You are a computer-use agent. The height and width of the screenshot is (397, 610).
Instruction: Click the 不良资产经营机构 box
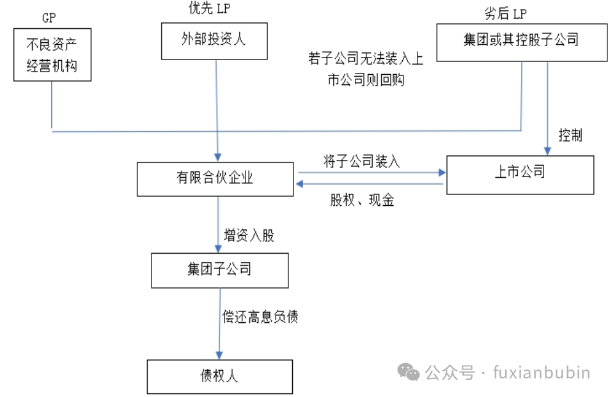[x=52, y=54]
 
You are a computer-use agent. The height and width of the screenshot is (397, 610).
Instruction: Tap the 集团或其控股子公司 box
[x=521, y=42]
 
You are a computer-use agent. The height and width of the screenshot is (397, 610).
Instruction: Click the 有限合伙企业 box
[x=215, y=178]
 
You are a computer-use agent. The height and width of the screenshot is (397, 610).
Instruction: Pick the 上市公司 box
[x=520, y=174]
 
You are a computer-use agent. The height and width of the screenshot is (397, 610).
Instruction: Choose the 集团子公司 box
[x=219, y=270]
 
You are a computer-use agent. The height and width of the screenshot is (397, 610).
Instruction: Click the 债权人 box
[x=219, y=376]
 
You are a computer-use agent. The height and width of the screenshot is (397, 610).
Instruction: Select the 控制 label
[x=570, y=136]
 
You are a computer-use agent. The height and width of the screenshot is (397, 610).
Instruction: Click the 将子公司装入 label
[x=361, y=161]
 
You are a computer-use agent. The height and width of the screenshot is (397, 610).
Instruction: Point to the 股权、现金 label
[x=363, y=201]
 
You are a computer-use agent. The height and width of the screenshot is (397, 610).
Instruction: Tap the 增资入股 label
[x=249, y=235]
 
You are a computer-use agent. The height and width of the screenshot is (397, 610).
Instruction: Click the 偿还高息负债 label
[x=260, y=316]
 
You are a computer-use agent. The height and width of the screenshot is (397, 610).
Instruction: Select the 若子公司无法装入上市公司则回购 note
[x=365, y=70]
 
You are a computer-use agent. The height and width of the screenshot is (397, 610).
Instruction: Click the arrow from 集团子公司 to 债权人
[x=220, y=323]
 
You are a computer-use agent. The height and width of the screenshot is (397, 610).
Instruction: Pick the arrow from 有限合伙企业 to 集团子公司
[x=219, y=224]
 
